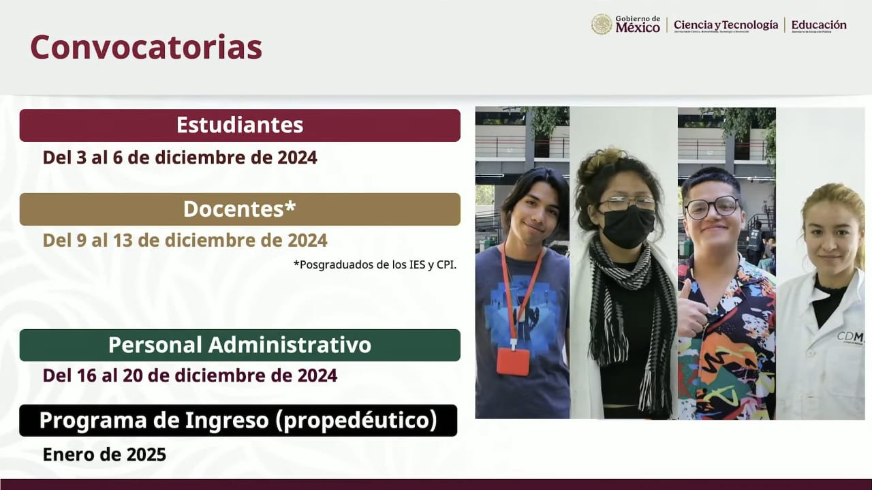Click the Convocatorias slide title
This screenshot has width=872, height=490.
146,48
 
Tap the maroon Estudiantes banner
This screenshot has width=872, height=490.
240,125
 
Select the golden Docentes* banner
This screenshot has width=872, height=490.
240,209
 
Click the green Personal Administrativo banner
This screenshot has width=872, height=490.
240,345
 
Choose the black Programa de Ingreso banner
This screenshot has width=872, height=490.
238,420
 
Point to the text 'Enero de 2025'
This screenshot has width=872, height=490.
104,455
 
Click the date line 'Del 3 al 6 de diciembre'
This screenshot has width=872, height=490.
180,157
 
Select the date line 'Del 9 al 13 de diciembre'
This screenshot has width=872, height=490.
185,241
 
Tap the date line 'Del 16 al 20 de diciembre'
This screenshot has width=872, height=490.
190,376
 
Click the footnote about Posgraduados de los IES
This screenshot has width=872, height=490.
375,264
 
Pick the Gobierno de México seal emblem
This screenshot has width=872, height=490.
602,25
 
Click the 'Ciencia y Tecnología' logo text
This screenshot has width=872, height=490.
726,25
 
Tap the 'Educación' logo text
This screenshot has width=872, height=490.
819,25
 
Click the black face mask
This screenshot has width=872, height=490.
628,226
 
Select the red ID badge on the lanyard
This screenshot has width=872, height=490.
512,361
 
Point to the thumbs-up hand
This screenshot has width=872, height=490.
692,313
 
